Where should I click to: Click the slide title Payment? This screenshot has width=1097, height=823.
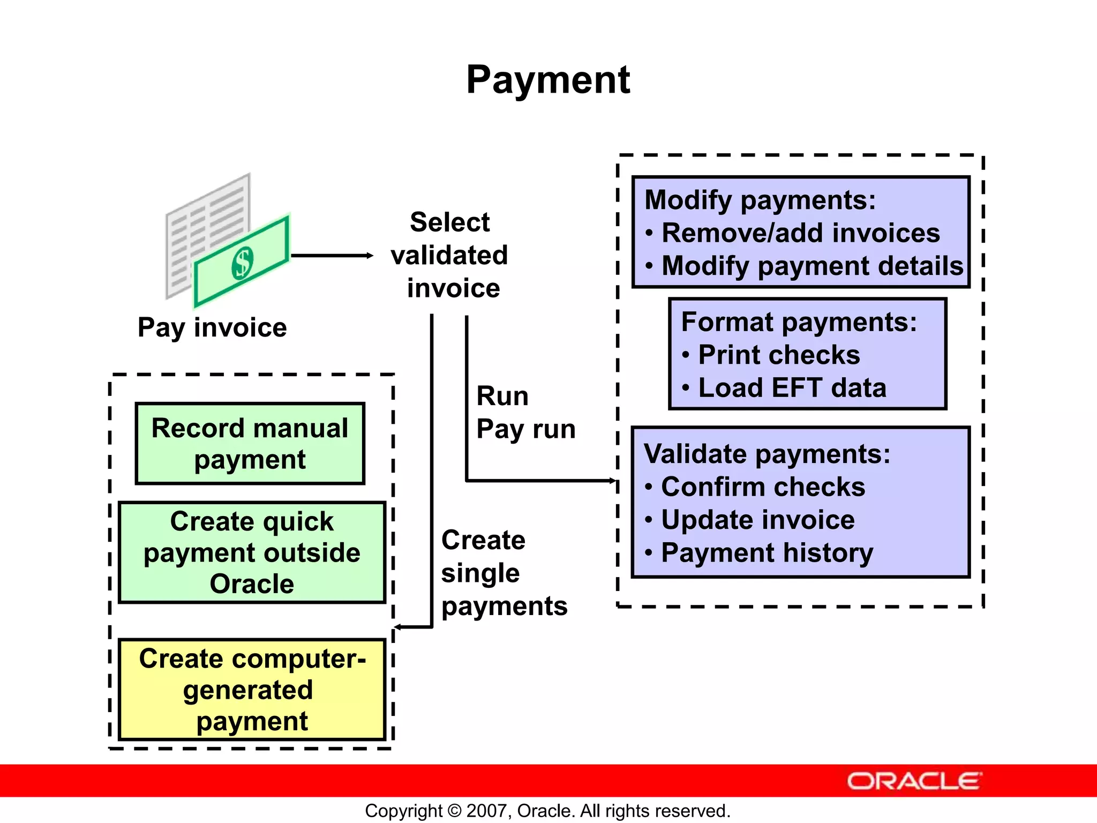(548, 80)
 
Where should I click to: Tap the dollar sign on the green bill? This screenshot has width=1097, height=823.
(243, 263)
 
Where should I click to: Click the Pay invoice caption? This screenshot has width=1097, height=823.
(212, 327)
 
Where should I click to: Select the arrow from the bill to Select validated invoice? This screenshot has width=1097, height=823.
(332, 256)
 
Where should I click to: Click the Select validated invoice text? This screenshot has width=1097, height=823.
(450, 255)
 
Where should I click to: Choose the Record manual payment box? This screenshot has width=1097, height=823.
(250, 444)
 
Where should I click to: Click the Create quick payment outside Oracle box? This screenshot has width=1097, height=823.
(252, 552)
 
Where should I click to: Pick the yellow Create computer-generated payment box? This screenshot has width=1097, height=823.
(252, 690)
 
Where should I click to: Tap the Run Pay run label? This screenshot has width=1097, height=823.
(525, 413)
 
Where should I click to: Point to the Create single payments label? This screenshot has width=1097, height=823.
(504, 573)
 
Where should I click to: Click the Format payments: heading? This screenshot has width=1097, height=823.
(799, 322)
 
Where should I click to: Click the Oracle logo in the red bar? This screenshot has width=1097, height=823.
(914, 781)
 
